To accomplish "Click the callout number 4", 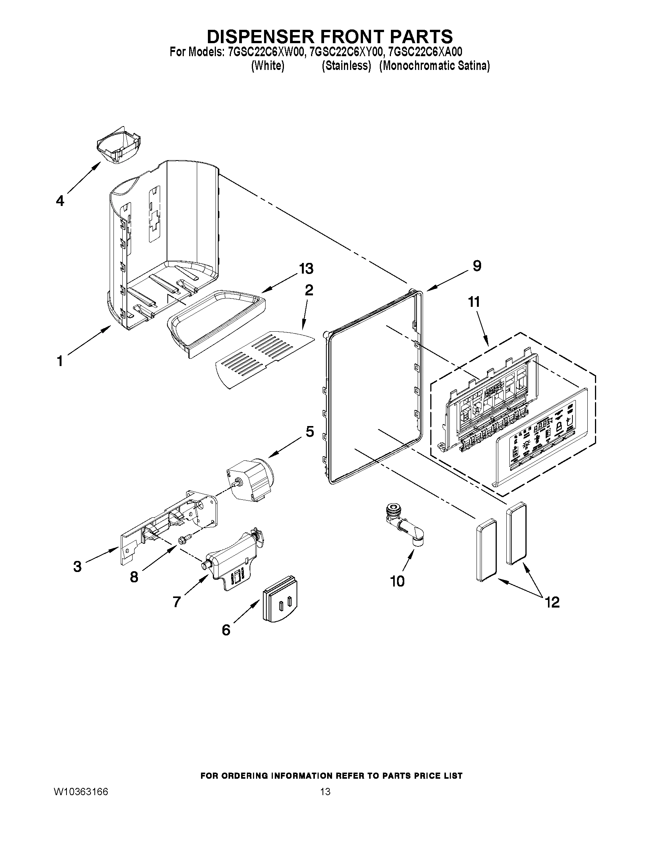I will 60,201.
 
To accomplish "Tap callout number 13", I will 306,268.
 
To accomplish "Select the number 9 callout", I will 477,266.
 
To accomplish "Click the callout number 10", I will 397,581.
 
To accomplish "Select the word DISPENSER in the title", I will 258,37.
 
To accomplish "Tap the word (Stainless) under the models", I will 346,66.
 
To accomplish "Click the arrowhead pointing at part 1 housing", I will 109,328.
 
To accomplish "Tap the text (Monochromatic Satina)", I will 434,66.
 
